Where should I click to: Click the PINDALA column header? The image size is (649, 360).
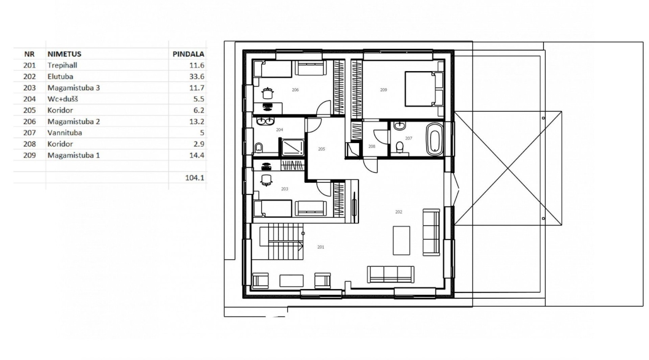click(188, 54)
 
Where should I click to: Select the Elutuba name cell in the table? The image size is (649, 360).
click(60, 76)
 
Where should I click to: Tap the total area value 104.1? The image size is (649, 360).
click(195, 178)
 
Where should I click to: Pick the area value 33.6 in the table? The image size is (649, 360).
click(197, 76)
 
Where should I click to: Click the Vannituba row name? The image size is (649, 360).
click(65, 133)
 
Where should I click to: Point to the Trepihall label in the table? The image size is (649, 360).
click(63, 65)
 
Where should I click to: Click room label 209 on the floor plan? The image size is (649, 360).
click(383, 90)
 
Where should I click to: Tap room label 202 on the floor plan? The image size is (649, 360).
click(398, 212)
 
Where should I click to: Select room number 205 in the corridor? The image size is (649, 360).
click(322, 149)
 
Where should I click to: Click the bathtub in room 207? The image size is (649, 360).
click(434, 139)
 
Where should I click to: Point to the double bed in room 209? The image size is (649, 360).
click(424, 89)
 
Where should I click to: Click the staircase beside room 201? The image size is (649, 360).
click(282, 242)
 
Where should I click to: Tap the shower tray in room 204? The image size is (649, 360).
click(293, 148)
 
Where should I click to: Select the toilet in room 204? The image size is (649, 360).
click(259, 148)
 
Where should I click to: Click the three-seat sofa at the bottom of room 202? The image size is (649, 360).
click(390, 274)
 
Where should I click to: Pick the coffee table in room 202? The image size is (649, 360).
click(401, 241)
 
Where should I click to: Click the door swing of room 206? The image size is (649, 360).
click(324, 108)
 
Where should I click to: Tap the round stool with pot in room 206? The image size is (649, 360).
click(268, 93)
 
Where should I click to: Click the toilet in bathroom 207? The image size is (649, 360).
click(400, 147)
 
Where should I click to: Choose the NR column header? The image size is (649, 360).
click(29, 54)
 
